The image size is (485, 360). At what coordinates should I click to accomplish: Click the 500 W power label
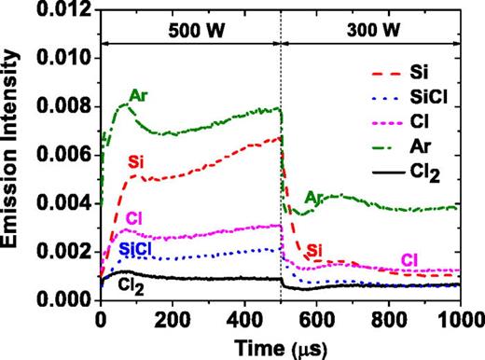click(191, 29)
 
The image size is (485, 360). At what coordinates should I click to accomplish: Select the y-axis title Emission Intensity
click(13, 155)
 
